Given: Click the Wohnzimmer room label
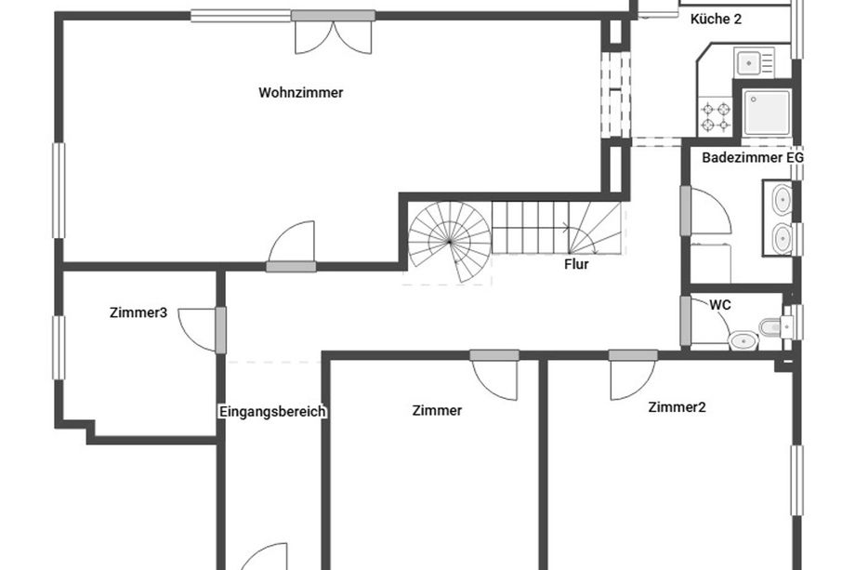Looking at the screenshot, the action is (301, 93).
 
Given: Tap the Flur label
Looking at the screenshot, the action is (576, 265).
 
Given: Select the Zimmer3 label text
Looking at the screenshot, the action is (138, 312).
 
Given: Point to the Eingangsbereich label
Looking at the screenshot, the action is (272, 411).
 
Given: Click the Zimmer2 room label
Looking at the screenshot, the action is (677, 407).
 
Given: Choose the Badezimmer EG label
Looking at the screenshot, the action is (753, 158).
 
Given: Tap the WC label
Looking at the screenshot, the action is (719, 305).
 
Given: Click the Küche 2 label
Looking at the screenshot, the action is (716, 20).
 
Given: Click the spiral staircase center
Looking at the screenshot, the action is (449, 241).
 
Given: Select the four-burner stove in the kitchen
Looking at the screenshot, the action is (716, 116).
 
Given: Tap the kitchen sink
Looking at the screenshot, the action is (754, 62).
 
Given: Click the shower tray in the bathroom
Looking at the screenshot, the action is (767, 113).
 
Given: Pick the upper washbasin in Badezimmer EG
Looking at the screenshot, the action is (783, 200).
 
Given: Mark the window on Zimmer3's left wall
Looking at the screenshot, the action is (59, 348).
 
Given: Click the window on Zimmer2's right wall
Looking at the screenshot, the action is (797, 481).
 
